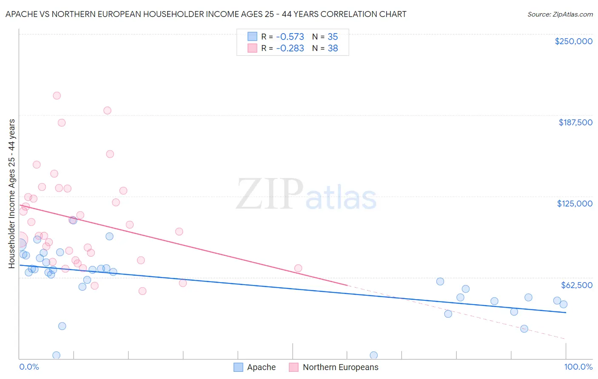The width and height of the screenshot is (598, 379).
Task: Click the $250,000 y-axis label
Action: coord(573,41)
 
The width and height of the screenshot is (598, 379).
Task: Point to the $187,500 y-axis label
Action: coord(575,122)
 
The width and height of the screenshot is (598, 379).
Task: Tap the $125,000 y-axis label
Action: coord(575,204)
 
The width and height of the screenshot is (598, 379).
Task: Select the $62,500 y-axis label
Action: coord(576,285)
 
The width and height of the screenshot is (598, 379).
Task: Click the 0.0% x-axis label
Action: coord(29,367)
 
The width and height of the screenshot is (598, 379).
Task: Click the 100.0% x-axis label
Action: coord(578,367)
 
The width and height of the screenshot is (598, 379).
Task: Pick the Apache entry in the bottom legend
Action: coord(261,367)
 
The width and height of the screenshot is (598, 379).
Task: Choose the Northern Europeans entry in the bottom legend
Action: coord(340,367)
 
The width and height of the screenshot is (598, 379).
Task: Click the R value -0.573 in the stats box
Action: coord(290,37)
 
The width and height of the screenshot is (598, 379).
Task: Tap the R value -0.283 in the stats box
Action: coord(290,48)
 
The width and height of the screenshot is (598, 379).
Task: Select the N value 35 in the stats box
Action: coord(333,37)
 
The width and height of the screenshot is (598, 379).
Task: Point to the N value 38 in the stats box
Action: coord(333,48)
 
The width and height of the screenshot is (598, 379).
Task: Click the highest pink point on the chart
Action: coord(57,96)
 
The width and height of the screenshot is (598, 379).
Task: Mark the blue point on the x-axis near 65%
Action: coord(373,355)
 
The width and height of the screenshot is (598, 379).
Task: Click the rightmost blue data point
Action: coord(564,304)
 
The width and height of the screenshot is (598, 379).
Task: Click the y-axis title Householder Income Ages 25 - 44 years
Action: coord(11,193)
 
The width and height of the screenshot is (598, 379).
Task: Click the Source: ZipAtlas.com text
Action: coord(560,14)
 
